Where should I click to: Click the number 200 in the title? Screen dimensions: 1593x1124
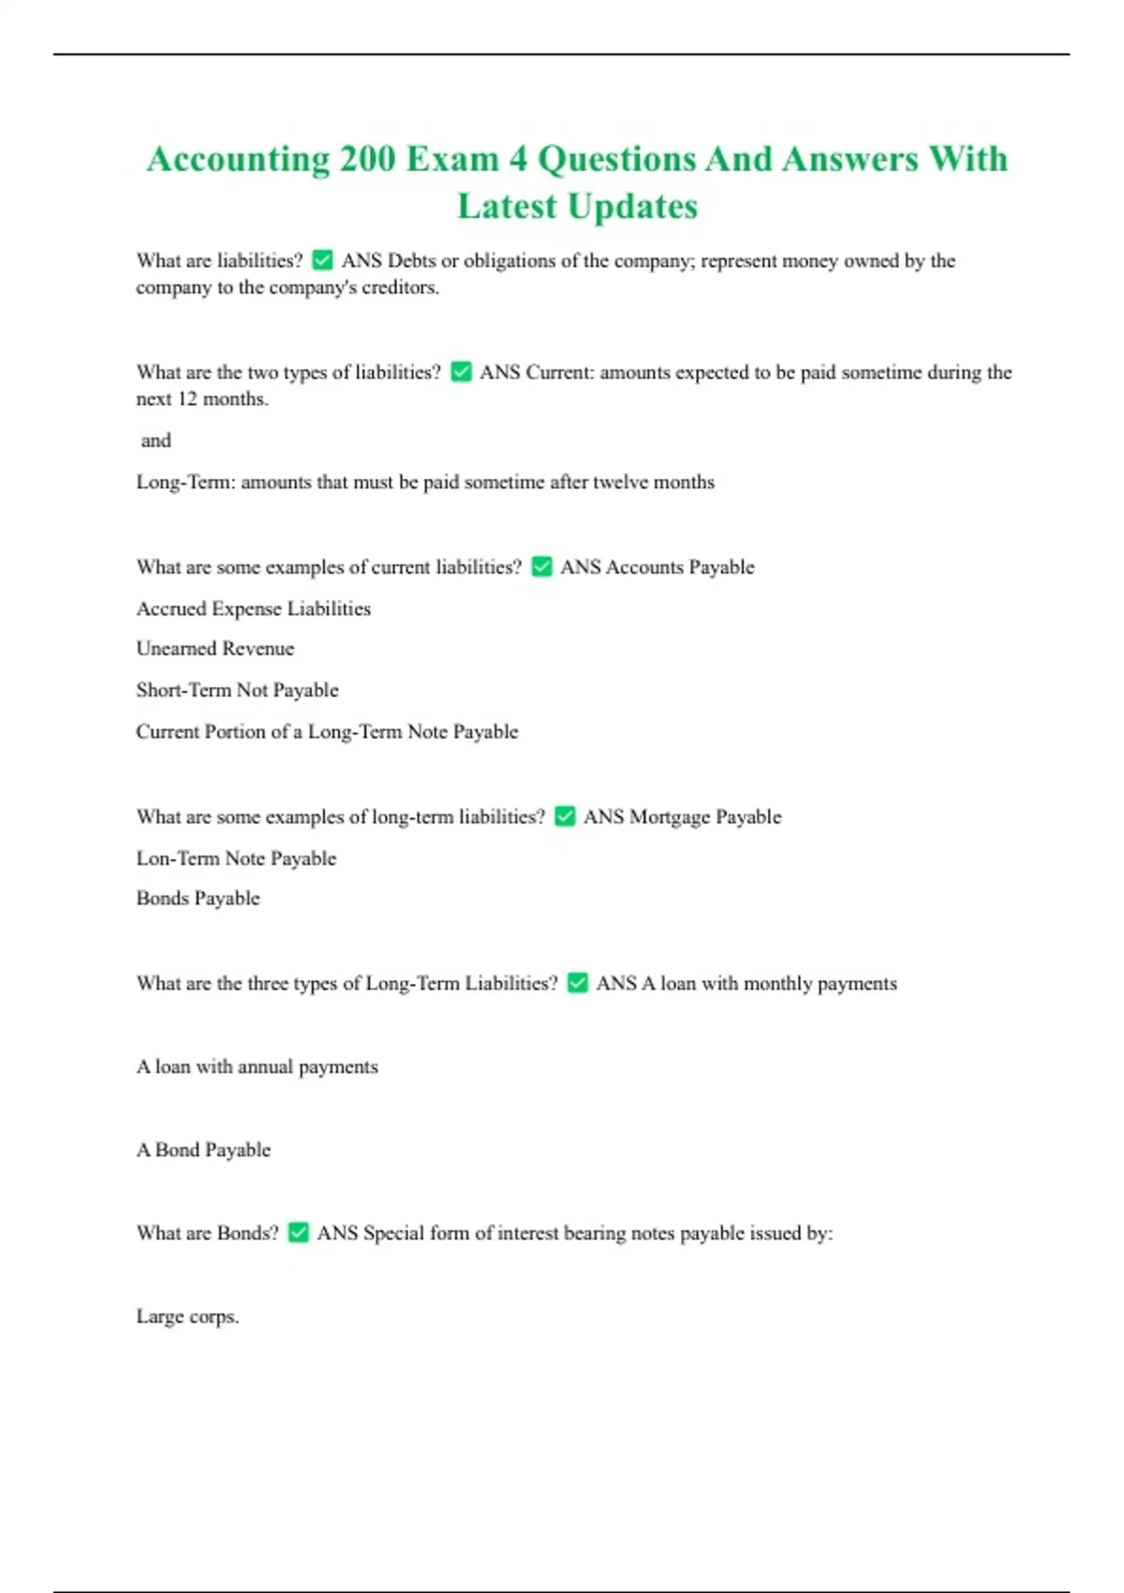[x=367, y=159]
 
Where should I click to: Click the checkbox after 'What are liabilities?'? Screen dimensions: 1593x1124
[x=322, y=260]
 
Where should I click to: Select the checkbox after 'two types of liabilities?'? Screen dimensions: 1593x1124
[x=461, y=372]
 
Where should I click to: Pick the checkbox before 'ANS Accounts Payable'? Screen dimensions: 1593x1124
[x=541, y=567]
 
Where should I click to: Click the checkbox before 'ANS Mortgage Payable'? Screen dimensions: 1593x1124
[x=565, y=816]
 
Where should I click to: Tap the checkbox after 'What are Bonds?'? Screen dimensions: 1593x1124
[x=298, y=1232]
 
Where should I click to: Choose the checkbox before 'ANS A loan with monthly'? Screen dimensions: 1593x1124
[x=578, y=983]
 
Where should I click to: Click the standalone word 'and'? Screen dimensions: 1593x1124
[x=155, y=440]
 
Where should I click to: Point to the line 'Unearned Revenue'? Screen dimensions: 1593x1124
[x=215, y=648]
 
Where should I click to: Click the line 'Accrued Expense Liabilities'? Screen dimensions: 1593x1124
[x=253, y=608]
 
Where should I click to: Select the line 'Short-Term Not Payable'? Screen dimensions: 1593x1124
[x=237, y=690]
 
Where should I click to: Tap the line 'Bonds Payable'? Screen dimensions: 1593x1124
[x=198, y=898]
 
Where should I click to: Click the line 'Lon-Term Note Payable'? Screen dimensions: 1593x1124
[x=236, y=857]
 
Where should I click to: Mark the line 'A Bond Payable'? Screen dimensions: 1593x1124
[x=203, y=1150]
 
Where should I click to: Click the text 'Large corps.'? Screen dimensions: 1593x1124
[x=187, y=1316]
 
